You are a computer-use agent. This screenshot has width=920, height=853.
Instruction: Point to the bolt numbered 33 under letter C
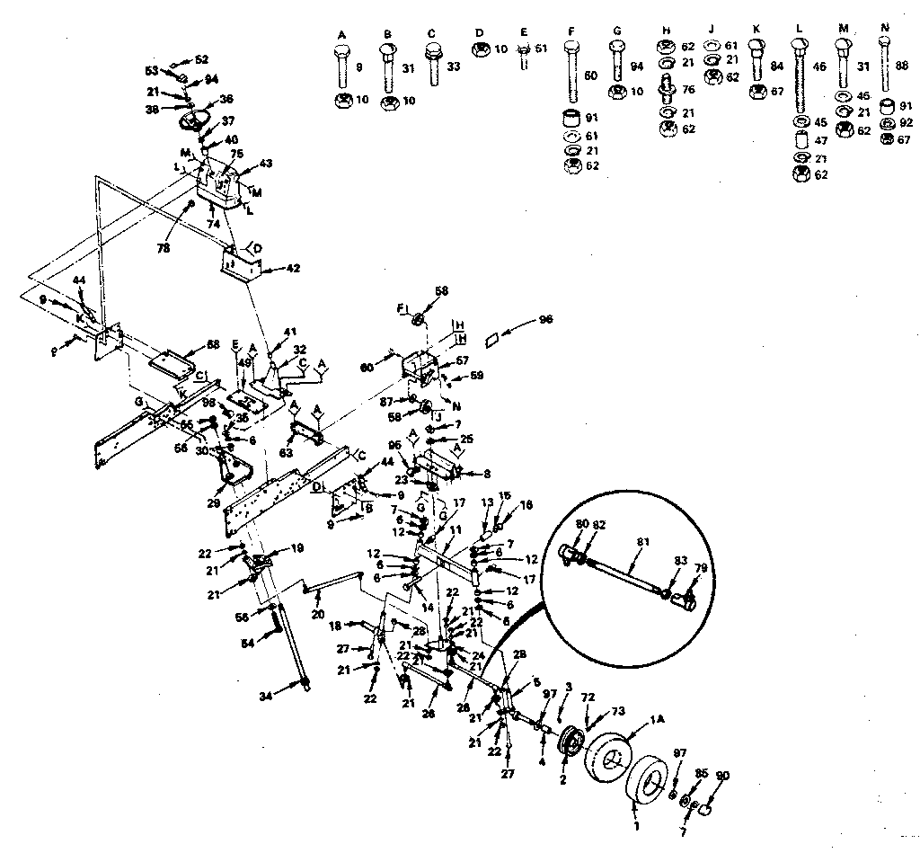pos(434,63)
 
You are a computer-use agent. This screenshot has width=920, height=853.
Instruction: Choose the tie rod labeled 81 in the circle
pos(621,576)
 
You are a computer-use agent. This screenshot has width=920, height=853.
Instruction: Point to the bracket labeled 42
pos(241,267)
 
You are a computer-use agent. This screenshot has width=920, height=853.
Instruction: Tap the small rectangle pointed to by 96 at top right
pos(492,340)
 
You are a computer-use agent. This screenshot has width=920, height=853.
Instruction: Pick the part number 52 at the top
pos(201,59)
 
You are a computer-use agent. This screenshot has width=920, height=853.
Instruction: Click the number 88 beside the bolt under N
pos(903,66)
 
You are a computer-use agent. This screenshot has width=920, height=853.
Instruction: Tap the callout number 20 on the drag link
pos(317,616)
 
